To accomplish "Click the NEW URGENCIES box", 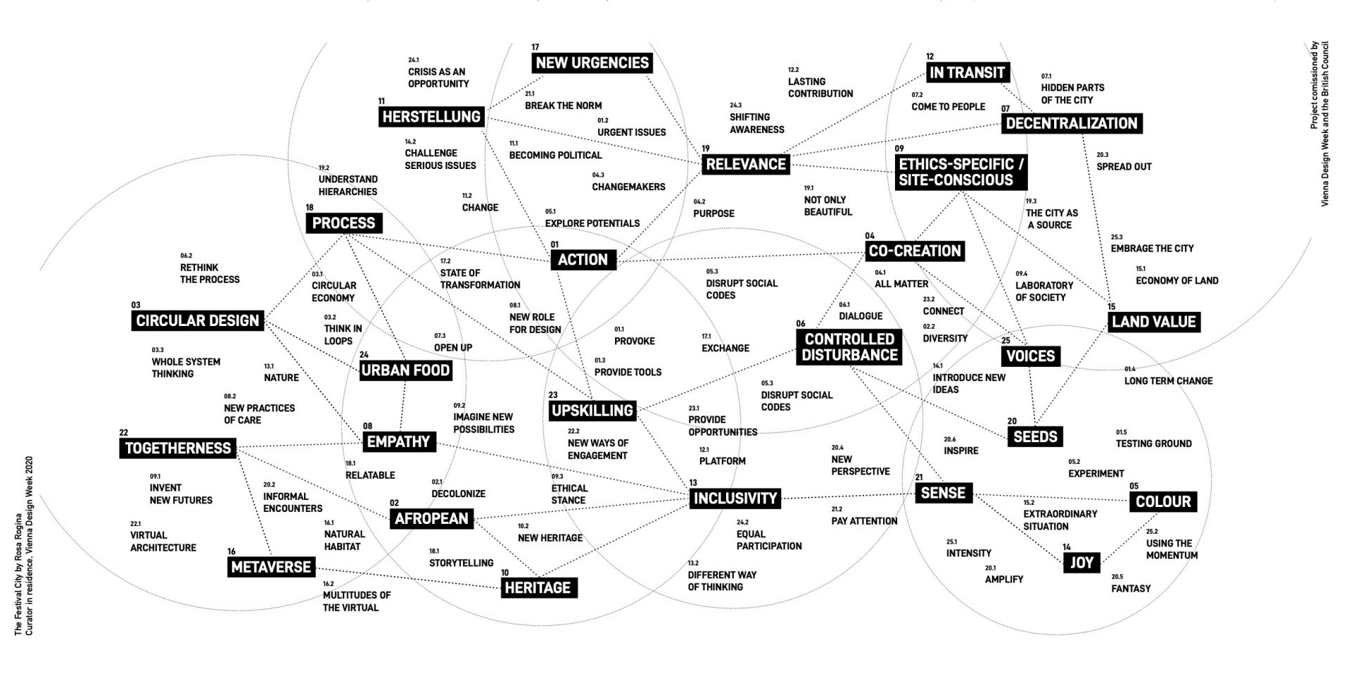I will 592,63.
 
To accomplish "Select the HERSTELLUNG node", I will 431,117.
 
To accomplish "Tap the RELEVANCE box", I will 746,164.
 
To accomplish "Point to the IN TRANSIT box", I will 967,72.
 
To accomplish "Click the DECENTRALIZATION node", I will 1071,123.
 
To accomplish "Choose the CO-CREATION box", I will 914,251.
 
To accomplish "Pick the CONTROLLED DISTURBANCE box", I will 849,347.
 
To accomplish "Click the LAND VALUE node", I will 1153,322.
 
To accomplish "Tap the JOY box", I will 1082,563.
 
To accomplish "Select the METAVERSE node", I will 271,567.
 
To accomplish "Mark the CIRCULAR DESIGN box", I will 197,321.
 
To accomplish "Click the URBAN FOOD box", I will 405,370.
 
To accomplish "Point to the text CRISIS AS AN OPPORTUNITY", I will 438,77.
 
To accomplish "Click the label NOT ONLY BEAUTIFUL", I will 827,206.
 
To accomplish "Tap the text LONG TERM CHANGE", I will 1168,381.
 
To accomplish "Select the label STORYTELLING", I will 461,563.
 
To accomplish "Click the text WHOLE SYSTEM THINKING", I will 186,368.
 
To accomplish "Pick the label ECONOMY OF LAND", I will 1176,280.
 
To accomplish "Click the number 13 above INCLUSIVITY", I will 693,482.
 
